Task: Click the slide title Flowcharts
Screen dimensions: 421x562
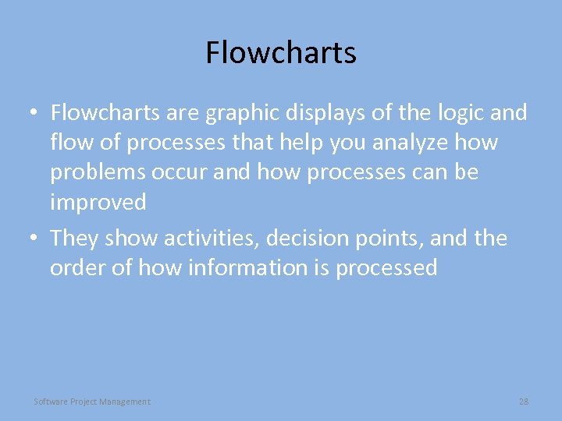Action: click(x=281, y=53)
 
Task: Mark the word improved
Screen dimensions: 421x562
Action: click(x=98, y=203)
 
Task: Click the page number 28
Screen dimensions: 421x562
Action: click(x=523, y=402)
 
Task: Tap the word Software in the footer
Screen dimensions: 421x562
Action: click(x=51, y=402)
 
